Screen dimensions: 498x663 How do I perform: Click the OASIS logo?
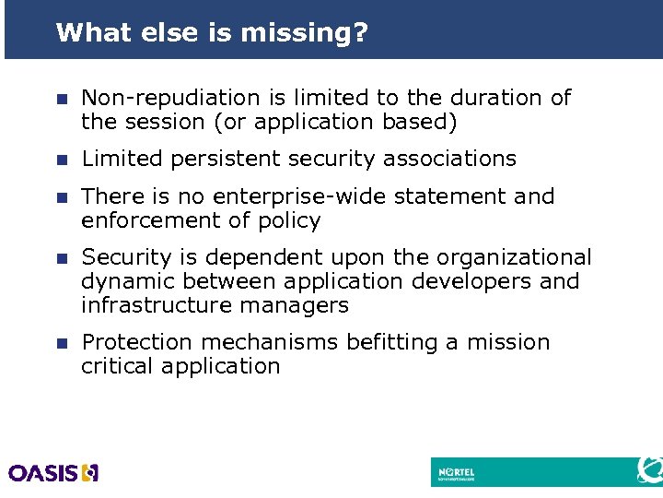(x=53, y=472)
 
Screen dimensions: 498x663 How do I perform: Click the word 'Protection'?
(x=138, y=342)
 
